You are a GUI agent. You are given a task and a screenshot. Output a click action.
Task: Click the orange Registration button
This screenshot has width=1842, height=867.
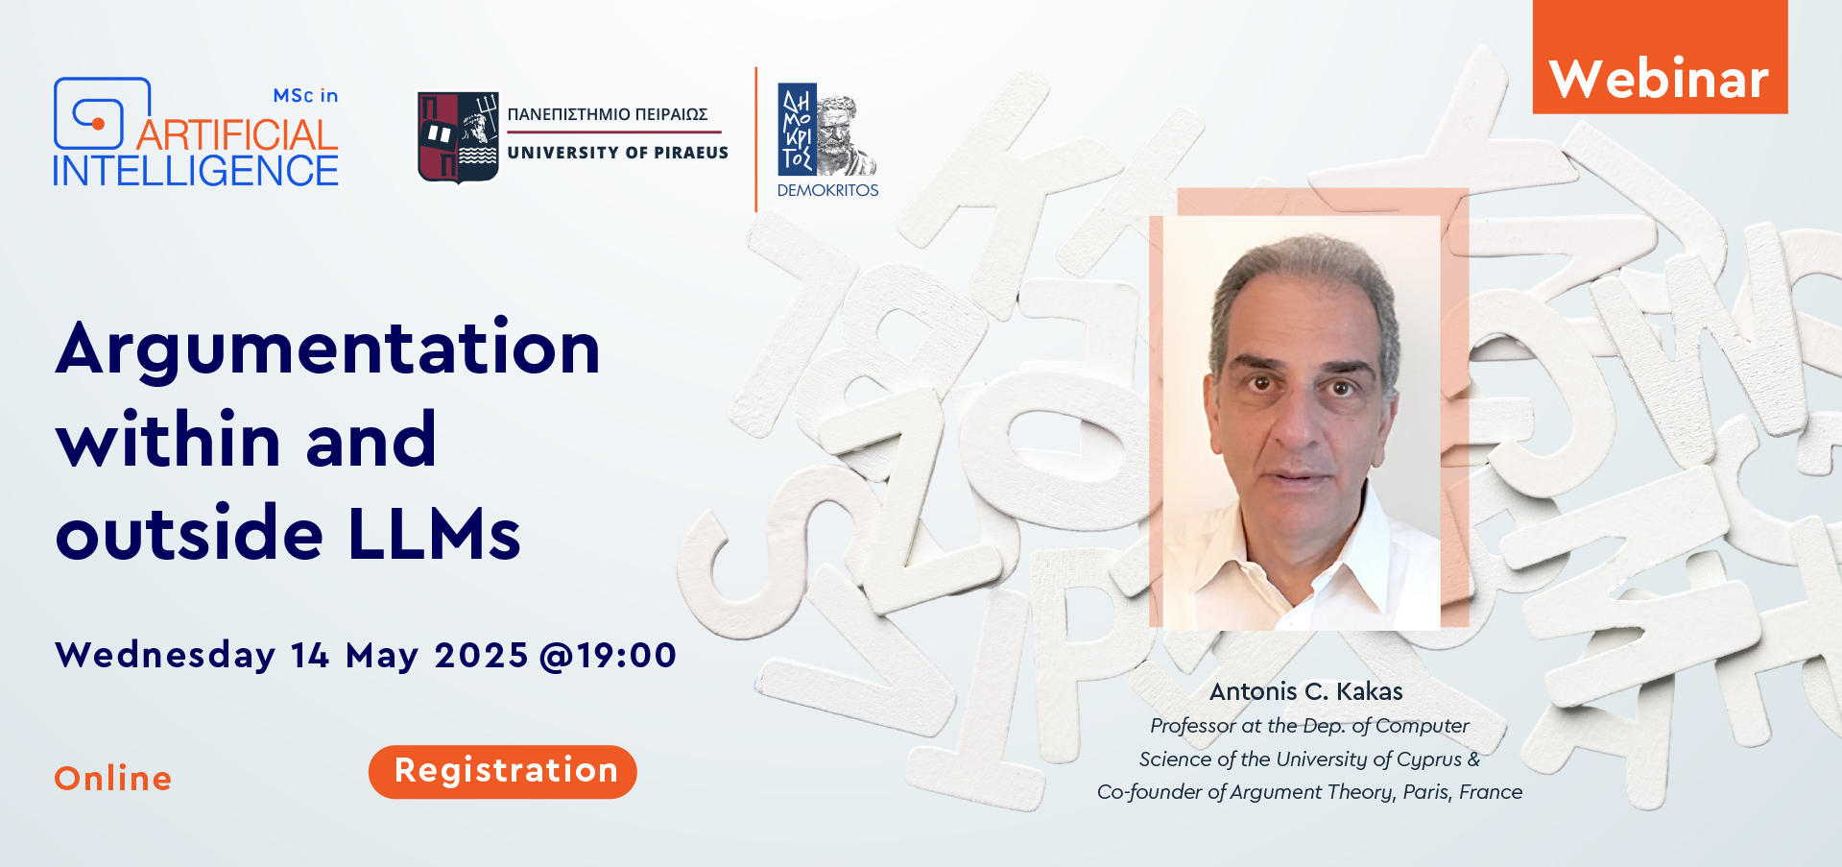point(502,771)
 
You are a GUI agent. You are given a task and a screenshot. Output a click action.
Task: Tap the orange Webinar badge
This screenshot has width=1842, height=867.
point(1660,58)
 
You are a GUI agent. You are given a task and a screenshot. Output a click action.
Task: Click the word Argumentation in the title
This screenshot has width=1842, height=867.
point(328,349)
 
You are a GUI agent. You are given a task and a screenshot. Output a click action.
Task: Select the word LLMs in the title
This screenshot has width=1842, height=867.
point(435,533)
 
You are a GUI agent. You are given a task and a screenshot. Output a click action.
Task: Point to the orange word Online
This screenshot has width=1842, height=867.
point(113,779)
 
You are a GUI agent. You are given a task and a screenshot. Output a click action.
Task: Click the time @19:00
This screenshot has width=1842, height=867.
point(609,656)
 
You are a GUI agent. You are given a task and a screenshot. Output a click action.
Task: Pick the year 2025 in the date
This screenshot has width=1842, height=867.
point(481,656)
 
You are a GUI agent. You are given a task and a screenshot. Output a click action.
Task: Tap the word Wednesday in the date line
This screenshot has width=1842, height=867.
point(166,656)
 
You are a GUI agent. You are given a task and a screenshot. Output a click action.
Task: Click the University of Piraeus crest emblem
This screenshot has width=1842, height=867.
point(458,136)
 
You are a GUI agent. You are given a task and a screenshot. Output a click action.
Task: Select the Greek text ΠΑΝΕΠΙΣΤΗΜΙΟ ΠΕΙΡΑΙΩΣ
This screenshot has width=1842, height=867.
point(608,114)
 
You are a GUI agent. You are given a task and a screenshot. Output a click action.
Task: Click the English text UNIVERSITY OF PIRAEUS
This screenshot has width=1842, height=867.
point(618,153)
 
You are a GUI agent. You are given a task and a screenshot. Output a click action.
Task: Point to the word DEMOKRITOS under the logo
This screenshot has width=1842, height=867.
point(828,191)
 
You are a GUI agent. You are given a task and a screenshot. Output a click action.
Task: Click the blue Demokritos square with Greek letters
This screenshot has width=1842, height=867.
point(797,129)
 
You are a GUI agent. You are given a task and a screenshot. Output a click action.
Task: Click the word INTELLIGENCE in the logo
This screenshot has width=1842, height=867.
point(196,171)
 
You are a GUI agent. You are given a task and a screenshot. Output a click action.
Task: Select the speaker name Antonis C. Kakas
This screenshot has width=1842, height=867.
point(1306,691)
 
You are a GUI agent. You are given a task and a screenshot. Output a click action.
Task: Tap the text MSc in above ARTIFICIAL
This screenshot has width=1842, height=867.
point(305,96)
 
